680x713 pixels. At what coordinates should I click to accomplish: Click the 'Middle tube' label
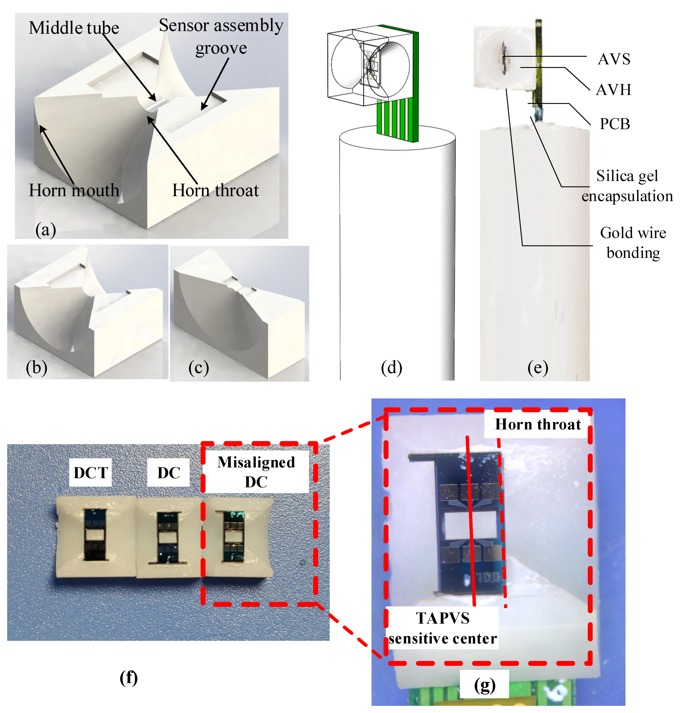74,28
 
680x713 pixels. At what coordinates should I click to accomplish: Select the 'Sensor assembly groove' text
221,36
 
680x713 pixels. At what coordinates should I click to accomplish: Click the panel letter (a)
46,230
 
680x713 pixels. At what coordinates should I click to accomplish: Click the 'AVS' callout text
614,59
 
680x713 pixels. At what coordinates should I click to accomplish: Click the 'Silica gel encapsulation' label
627,186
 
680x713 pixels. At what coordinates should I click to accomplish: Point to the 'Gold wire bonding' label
633,242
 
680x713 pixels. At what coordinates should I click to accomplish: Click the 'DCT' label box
91,472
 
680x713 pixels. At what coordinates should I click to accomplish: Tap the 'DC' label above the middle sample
169,472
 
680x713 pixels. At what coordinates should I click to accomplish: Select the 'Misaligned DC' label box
256,472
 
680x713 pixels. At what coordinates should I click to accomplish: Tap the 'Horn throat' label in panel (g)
538,424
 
